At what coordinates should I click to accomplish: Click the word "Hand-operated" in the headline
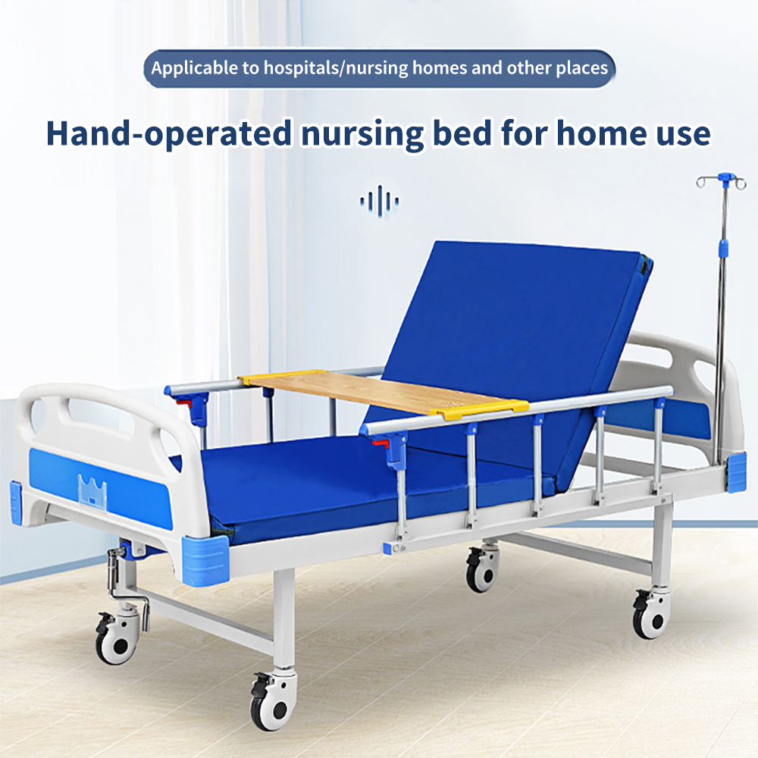point(169,133)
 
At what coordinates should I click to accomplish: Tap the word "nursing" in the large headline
point(362,134)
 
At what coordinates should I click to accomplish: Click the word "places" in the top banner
point(581,68)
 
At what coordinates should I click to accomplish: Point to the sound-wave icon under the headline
point(380,201)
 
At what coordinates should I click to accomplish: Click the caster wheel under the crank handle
point(117,638)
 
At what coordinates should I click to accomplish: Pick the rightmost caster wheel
point(652,615)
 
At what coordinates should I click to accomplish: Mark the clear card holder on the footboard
point(92,489)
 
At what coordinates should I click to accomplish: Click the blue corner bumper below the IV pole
point(737,471)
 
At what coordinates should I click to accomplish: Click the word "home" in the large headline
point(601,133)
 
